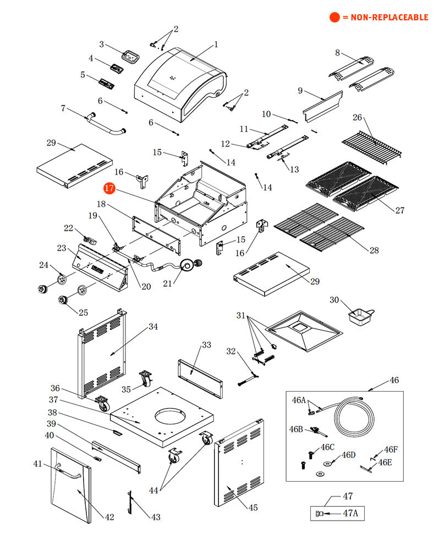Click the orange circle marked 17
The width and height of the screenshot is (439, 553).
[109, 188]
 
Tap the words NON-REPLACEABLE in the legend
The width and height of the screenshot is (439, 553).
[385, 18]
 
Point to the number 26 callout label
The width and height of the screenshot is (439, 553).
[358, 118]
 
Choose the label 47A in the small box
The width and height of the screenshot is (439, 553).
[350, 514]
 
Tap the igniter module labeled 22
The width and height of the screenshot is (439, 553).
[89, 239]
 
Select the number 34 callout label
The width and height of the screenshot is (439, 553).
[153, 327]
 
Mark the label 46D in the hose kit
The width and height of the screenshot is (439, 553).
[349, 455]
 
